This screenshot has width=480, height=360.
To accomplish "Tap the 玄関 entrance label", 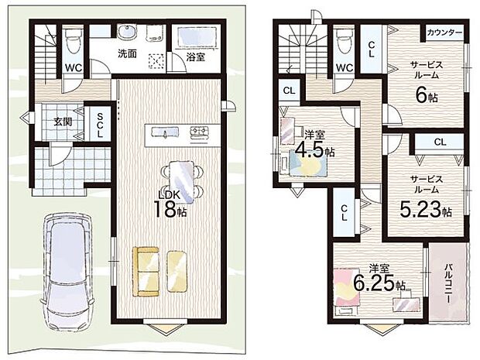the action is (x=63, y=122).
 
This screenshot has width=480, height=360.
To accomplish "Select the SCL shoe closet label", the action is (x=100, y=125).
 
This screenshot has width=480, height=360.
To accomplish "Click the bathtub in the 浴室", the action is (x=194, y=36).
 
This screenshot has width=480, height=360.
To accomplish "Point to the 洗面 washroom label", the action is (x=127, y=53).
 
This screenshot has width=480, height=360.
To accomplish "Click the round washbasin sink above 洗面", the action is (x=127, y=32).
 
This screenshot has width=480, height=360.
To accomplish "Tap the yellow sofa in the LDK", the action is (x=146, y=272).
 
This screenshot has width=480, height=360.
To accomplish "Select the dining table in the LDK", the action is (x=182, y=182).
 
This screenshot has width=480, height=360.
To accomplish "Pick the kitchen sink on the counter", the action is (x=164, y=132).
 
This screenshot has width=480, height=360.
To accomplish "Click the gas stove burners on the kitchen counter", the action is (x=199, y=132).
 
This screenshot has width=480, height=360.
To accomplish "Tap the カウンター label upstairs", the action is (x=444, y=33).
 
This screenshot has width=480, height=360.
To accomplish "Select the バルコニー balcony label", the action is (x=448, y=283).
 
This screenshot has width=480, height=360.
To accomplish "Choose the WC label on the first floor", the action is (x=74, y=67).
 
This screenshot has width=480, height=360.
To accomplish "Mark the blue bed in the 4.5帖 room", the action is (x=304, y=165).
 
